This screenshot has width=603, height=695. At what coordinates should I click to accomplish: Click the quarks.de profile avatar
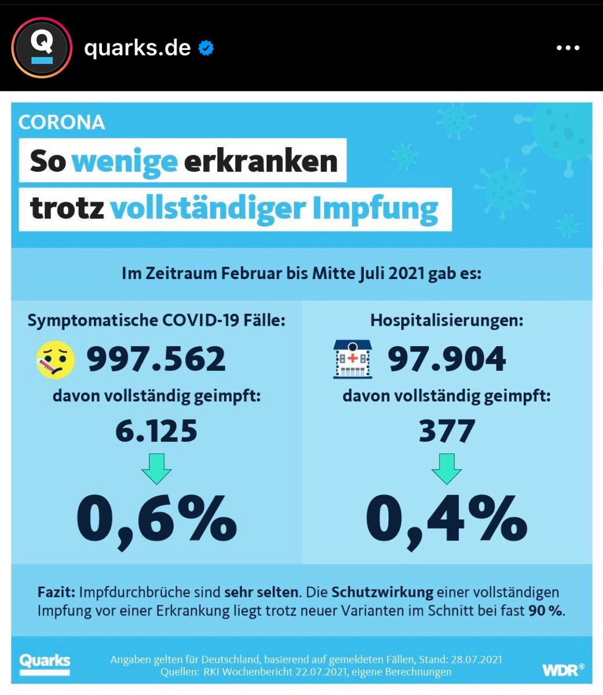tap(42, 48)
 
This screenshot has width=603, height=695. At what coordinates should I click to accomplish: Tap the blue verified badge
tap(206, 48)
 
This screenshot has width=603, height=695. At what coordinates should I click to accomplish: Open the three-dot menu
tap(567, 48)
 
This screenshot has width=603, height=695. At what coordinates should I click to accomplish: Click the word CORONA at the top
tap(61, 122)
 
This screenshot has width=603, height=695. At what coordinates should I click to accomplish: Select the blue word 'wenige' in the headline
tap(124, 161)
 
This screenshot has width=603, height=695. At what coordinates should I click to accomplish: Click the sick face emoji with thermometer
tap(56, 360)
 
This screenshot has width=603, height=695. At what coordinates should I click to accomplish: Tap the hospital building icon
tap(352, 359)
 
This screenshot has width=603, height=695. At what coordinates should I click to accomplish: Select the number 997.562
tap(156, 359)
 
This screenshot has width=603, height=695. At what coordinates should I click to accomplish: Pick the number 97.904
tap(447, 359)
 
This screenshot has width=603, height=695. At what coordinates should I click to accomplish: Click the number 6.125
tap(156, 431)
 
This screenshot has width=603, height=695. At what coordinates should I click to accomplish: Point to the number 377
tap(447, 431)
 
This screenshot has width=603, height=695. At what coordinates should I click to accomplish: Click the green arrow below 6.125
tap(156, 468)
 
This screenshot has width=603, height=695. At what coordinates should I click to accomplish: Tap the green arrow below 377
tap(447, 468)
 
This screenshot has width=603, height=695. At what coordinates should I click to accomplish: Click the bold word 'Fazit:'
tap(56, 592)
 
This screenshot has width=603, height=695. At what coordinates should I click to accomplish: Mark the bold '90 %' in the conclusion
tap(544, 610)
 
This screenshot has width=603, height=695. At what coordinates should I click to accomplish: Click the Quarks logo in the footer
tap(45, 663)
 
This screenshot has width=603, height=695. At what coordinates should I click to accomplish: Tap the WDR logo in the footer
tap(562, 670)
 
